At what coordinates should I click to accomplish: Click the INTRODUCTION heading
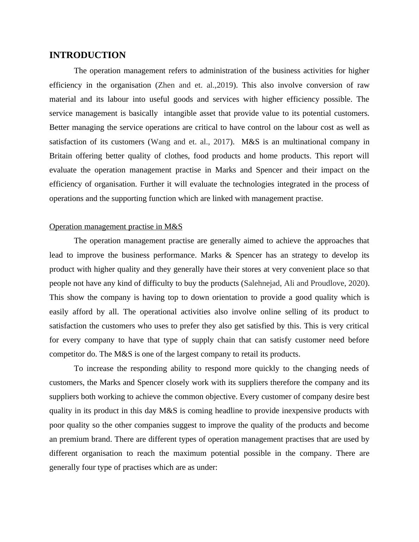point(87,55)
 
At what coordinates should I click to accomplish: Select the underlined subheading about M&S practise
point(115,227)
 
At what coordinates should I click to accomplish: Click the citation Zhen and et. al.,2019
point(195,85)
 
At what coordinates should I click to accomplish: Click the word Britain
point(61,156)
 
